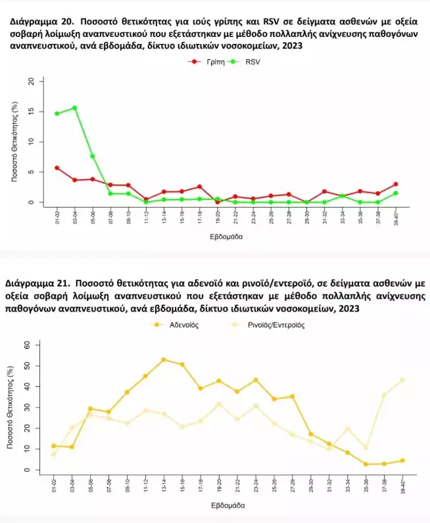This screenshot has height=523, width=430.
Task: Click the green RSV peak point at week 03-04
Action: tap(75, 108)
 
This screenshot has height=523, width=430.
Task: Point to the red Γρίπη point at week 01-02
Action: tap(57, 168)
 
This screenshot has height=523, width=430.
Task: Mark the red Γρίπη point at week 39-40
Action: tap(396, 185)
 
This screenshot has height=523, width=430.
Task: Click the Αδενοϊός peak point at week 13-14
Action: tap(164, 359)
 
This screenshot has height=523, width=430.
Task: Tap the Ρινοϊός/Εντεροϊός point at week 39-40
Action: tap(402, 380)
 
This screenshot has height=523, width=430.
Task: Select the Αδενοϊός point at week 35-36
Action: tap(366, 465)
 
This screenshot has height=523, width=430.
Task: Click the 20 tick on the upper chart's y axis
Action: tap(31, 81)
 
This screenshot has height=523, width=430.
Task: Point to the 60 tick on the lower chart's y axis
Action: tap(27, 344)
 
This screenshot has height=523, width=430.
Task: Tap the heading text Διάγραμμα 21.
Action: tap(34, 284)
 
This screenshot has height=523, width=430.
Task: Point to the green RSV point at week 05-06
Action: tap(93, 156)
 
